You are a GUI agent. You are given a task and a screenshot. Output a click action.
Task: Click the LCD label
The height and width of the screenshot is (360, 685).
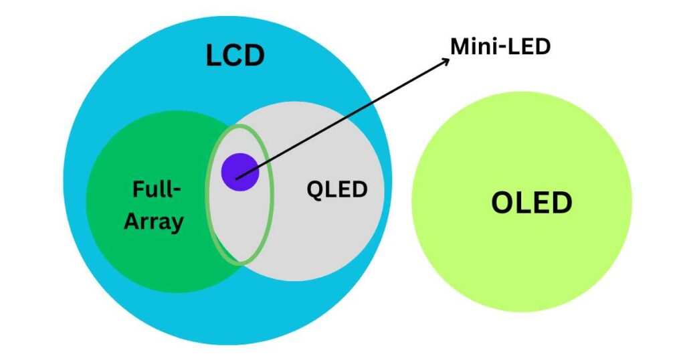coord(235,56)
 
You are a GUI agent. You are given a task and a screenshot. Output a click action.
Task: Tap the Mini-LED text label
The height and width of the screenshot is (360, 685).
coord(501,46)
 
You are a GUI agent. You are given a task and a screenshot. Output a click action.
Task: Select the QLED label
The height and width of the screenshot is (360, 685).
coord(337,189)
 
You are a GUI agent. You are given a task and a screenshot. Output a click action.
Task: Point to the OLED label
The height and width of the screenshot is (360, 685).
coord(532,202)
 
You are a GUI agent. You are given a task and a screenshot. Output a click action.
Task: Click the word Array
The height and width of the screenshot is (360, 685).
coord(154,221)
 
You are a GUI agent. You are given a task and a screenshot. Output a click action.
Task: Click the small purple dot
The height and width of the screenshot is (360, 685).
coord(239,172)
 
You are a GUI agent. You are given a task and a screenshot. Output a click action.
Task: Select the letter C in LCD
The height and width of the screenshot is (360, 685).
coord(235,56)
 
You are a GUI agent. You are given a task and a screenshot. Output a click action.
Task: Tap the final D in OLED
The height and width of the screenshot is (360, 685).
coord(561,202)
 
